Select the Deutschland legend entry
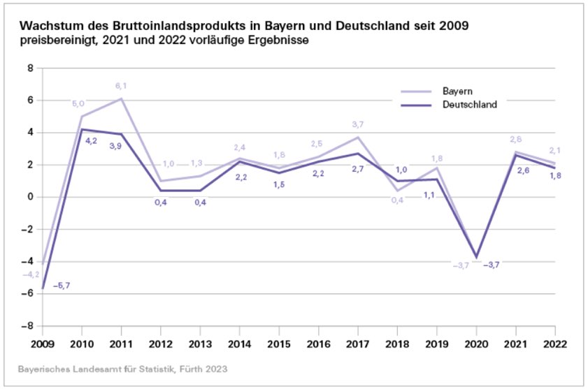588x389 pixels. coord(469,105)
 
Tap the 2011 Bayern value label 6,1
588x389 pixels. coord(121,86)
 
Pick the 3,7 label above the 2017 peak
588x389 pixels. coord(358,124)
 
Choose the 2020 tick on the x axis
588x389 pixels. coord(477,344)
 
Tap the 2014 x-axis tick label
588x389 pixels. coord(240,344)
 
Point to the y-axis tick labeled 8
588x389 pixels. coord(29,68)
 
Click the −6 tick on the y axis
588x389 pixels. coord(27,294)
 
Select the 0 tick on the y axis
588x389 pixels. coord(29,197)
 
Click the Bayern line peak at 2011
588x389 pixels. coord(121,98)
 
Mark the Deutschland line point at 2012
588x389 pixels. coord(161,190)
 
